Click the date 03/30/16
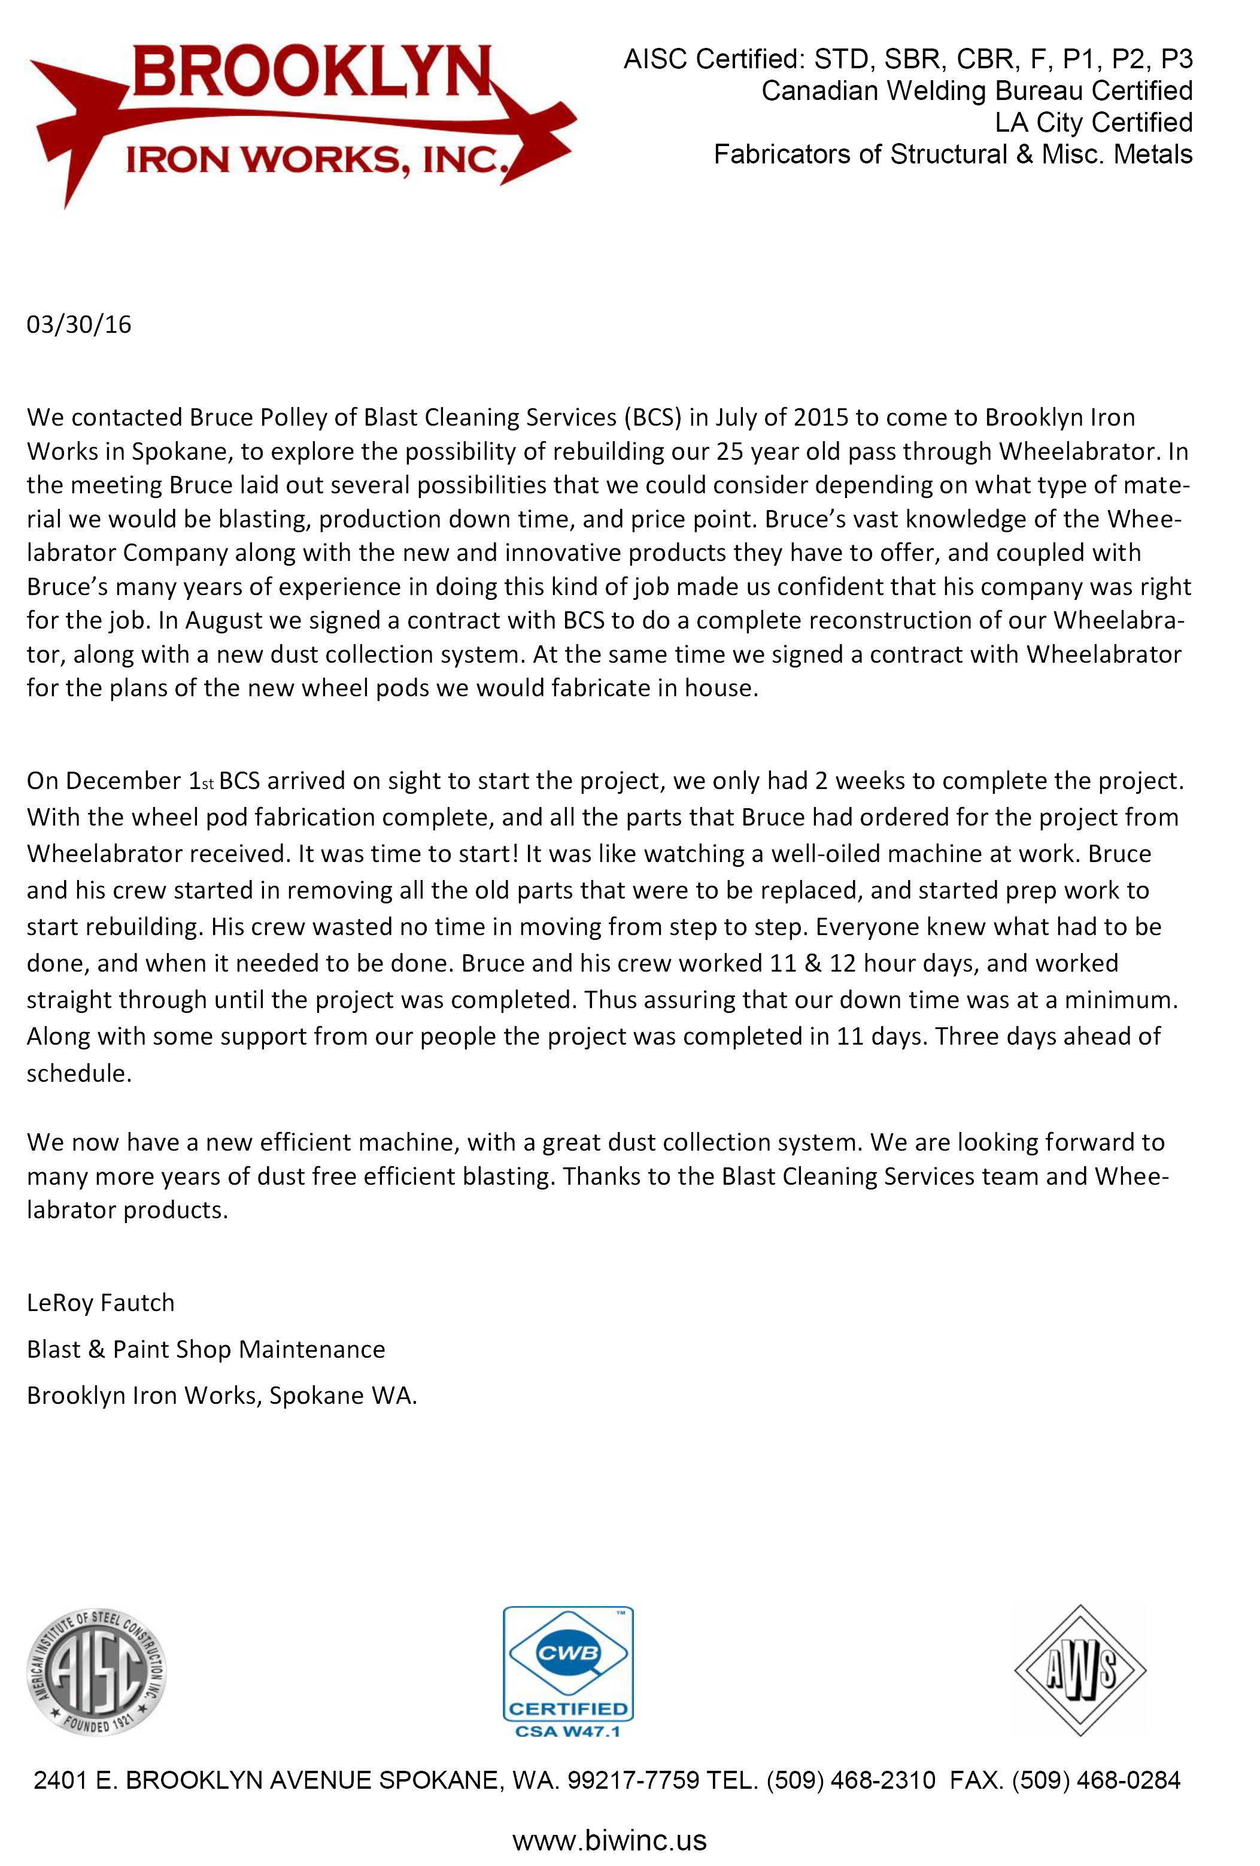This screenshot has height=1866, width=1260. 78,324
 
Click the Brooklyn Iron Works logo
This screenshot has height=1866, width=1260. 302,120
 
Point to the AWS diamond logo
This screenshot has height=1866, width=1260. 1080,1670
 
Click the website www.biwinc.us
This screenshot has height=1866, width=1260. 609,1840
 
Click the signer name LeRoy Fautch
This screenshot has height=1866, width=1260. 101,1302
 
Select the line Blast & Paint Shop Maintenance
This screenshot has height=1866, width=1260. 205,1349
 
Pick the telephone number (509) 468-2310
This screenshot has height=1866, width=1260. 851,1780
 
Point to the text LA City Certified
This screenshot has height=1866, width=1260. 1093,122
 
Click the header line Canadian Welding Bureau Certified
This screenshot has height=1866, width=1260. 976,91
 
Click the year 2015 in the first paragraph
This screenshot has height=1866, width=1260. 821,417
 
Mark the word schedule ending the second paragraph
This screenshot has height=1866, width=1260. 78,1073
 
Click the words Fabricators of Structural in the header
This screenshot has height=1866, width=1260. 860,154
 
